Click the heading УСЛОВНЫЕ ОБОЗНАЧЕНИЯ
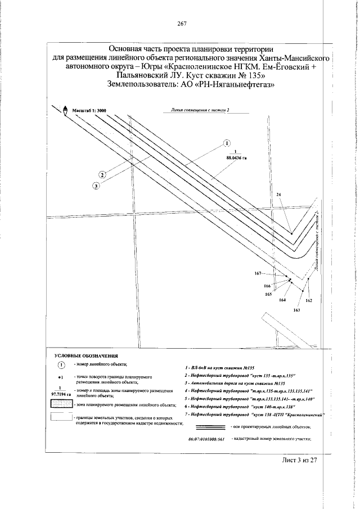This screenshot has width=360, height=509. [x=86, y=356]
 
